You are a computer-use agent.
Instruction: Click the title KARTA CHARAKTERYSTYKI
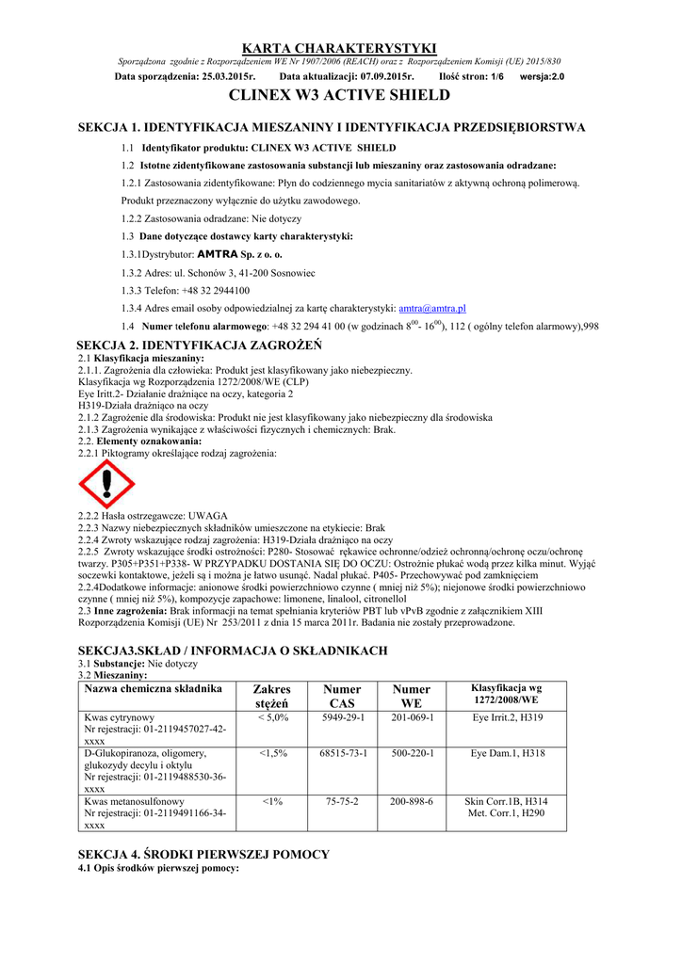340,48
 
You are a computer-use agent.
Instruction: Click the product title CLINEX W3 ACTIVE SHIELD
340,96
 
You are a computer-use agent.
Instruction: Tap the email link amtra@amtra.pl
432,308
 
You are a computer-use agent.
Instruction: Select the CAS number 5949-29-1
342,717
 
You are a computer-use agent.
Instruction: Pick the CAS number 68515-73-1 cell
342,754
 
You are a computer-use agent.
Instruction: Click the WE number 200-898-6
412,801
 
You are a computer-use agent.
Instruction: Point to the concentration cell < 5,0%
272,717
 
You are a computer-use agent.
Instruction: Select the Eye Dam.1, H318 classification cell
508,754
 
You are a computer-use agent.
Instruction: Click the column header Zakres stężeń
272,696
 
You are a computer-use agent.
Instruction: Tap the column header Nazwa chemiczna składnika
153,689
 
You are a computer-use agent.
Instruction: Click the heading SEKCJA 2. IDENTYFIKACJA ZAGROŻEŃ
199,345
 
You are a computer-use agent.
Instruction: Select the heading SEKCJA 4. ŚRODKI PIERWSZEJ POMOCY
203,854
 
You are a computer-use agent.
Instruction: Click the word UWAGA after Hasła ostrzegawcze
208,516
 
